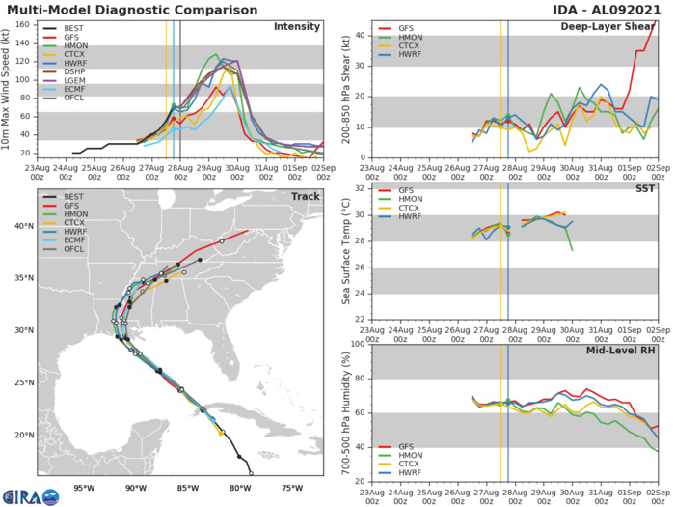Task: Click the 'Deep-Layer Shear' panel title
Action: [x=607, y=26]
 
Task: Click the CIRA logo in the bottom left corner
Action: [x=30, y=496]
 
